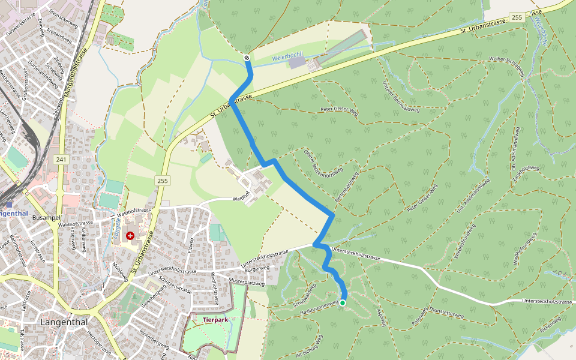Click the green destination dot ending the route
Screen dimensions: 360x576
(x=342, y=303)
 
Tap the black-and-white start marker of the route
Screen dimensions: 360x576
(x=247, y=58)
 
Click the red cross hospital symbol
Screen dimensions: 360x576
(x=130, y=236)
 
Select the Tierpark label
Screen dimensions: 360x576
(x=215, y=320)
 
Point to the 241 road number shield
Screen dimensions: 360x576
(x=60, y=159)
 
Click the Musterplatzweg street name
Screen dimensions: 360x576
(x=247, y=281)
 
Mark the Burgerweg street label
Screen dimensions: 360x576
(x=257, y=269)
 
